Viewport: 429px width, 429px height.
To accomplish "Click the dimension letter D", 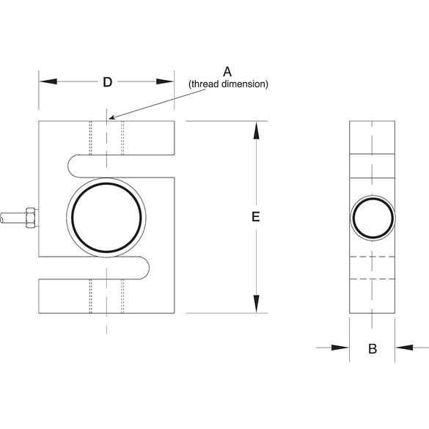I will point(107,82).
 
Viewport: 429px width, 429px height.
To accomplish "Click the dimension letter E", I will point(255,217).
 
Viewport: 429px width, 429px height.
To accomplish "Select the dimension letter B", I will point(372,349).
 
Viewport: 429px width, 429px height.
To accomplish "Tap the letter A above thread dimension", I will point(227,71).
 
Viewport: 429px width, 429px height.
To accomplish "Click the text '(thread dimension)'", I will point(228,84).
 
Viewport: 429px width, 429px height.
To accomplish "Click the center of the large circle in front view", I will point(106,217).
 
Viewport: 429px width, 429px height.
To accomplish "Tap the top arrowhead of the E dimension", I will point(255,130).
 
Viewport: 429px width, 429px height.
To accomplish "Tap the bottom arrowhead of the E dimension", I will point(255,304).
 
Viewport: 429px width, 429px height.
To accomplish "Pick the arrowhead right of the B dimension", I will point(404,348).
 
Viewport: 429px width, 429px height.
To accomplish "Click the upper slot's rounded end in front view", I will point(71,166).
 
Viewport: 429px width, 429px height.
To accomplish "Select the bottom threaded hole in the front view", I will point(106,296).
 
